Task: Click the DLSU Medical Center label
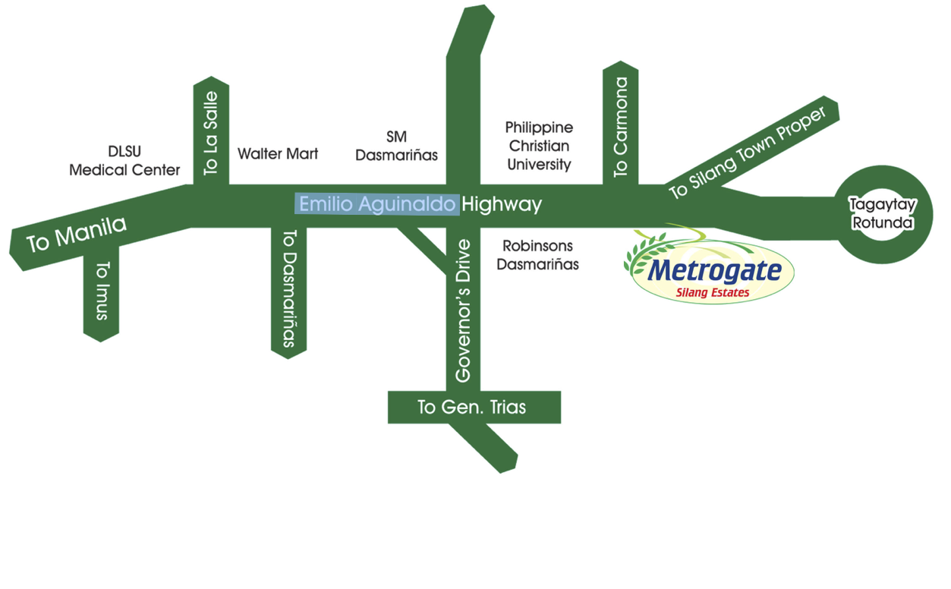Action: (x=124, y=161)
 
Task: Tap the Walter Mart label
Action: (x=278, y=154)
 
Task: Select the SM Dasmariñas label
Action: (x=396, y=146)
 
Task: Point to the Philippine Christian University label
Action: (x=539, y=146)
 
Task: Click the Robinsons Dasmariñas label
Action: (x=537, y=255)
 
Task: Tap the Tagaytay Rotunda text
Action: (x=882, y=213)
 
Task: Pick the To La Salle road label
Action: (x=211, y=134)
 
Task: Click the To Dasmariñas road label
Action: (x=288, y=289)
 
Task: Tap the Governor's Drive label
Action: (x=464, y=310)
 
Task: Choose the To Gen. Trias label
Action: (x=471, y=408)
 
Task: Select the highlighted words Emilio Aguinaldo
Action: (x=377, y=204)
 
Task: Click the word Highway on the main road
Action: (x=502, y=204)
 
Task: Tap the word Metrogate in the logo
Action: (x=716, y=271)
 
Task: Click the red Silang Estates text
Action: (x=713, y=292)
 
